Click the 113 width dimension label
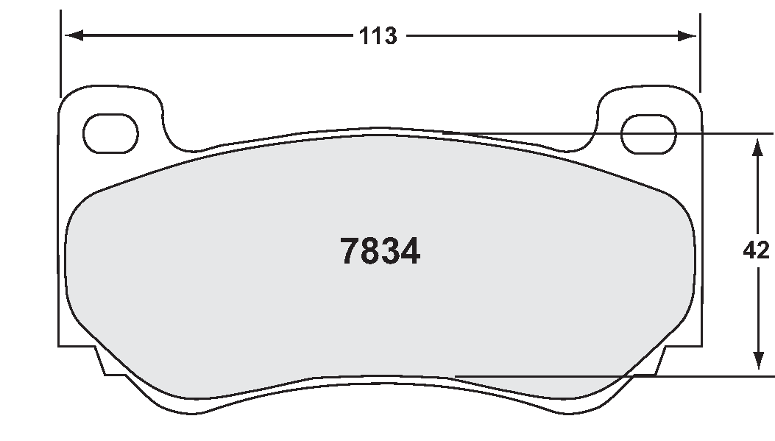[x=378, y=36]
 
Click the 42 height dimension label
[x=757, y=251]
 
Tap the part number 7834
[x=380, y=252]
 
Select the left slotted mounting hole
[x=111, y=133]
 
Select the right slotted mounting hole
[x=648, y=133]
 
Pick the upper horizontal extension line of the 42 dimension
[x=626, y=133]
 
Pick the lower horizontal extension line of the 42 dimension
[x=626, y=376]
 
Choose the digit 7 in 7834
[x=349, y=252]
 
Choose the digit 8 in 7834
[x=369, y=252]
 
